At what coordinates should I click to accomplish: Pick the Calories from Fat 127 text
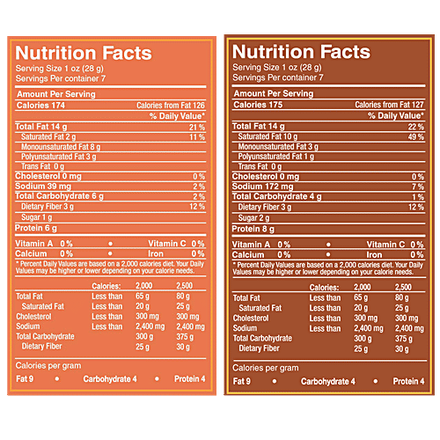388,105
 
